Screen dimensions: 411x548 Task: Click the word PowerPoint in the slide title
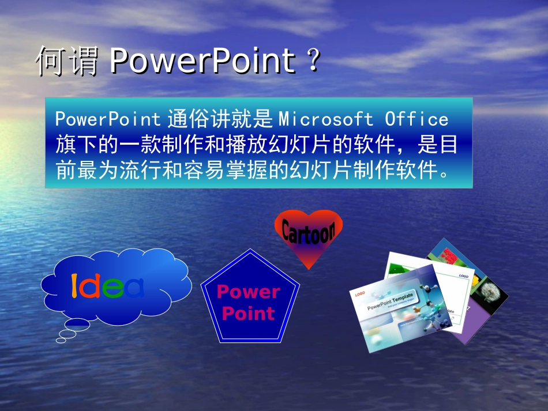click(202, 61)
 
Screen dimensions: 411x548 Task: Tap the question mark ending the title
click(313, 61)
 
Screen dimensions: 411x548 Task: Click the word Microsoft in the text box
click(326, 119)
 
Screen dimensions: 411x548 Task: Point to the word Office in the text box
click(416, 119)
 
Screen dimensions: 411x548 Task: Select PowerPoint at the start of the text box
click(107, 119)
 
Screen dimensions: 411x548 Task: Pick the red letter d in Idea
click(89, 286)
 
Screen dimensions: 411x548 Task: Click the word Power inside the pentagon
click(249, 292)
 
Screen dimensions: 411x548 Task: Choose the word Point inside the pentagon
click(249, 314)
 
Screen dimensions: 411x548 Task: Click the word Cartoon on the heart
click(308, 232)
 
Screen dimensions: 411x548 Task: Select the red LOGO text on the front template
click(360, 293)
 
